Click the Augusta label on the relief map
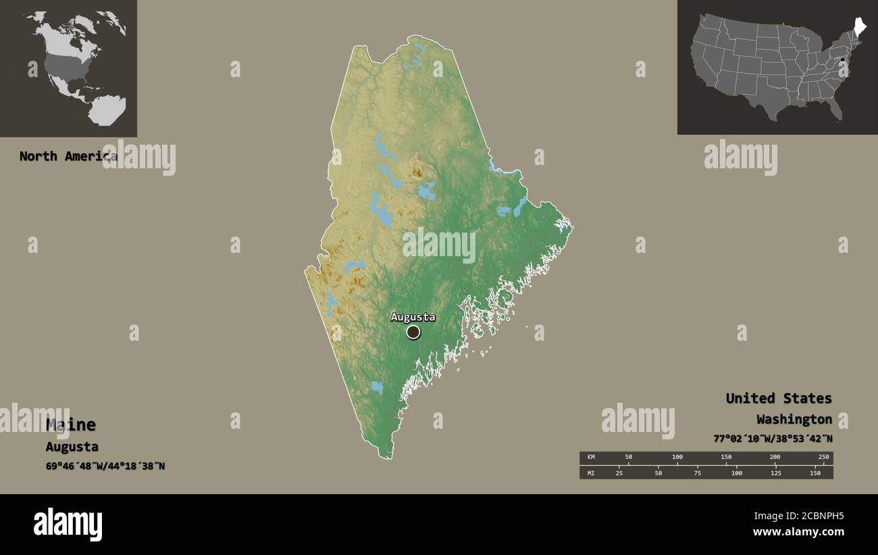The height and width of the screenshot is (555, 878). (413, 317)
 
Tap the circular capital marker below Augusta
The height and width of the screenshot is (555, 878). (413, 332)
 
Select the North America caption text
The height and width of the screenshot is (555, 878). (68, 156)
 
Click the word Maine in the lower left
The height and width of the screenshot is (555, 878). (71, 425)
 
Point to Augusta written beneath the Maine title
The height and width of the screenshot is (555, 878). (72, 446)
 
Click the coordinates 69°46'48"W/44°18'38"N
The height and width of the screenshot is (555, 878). (105, 466)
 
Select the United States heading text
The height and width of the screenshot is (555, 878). (779, 398)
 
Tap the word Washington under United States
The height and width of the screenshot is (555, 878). (794, 419)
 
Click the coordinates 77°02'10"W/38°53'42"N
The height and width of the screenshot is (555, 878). (773, 438)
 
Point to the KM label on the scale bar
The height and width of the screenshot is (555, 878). (590, 458)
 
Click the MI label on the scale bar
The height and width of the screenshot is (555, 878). (590, 473)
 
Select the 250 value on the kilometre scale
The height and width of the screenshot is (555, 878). (823, 458)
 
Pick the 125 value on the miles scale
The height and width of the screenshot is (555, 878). (775, 473)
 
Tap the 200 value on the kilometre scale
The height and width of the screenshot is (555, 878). (775, 458)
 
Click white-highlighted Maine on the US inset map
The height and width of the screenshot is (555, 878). (859, 28)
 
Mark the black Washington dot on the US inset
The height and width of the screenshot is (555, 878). (842, 62)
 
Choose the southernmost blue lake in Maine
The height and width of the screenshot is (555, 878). (376, 387)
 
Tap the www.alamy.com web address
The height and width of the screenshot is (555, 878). (799, 532)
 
